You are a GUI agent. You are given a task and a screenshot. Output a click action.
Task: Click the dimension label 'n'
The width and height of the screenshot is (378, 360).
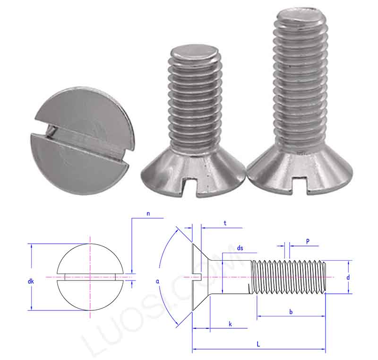click(148, 214)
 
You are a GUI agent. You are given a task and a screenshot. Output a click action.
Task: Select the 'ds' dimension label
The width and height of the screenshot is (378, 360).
click(240, 248)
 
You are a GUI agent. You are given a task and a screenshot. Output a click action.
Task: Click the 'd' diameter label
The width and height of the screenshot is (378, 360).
click(348, 277)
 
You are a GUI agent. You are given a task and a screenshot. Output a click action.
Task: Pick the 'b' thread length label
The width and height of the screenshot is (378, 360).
click(291, 312)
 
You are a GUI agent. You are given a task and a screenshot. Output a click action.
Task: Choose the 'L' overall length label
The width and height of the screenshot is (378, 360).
click(258, 345)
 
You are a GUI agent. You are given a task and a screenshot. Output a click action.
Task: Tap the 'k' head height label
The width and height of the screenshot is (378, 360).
click(230, 324)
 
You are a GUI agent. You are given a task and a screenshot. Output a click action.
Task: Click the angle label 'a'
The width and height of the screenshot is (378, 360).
click(157, 281)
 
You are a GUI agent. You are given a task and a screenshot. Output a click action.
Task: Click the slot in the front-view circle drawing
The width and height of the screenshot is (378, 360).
click(90, 277)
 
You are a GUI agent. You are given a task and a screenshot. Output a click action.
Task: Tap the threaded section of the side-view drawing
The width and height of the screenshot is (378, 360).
click(288, 277)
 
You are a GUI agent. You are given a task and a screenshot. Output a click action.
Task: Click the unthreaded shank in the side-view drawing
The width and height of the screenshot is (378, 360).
click(232, 277)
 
